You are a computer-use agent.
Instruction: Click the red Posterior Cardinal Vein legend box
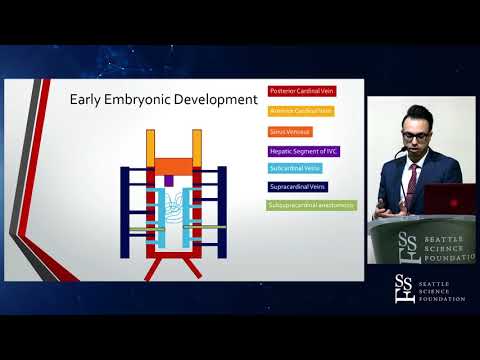pyautogui.click(x=300, y=92)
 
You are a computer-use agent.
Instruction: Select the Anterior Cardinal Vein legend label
pyautogui.click(x=300, y=111)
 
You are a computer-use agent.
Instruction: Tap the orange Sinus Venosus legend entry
pyautogui.click(x=291, y=130)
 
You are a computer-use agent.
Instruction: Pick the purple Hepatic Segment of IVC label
pyautogui.click(x=302, y=150)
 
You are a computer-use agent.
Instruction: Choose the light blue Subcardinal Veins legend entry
pyautogui.click(x=294, y=168)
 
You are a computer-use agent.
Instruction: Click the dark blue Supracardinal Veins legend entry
pyautogui.click(x=299, y=186)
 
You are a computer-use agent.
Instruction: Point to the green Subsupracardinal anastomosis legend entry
pyautogui.click(x=311, y=205)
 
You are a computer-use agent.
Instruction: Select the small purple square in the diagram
pyautogui.click(x=169, y=180)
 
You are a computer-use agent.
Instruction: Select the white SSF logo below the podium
pyautogui.click(x=404, y=289)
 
